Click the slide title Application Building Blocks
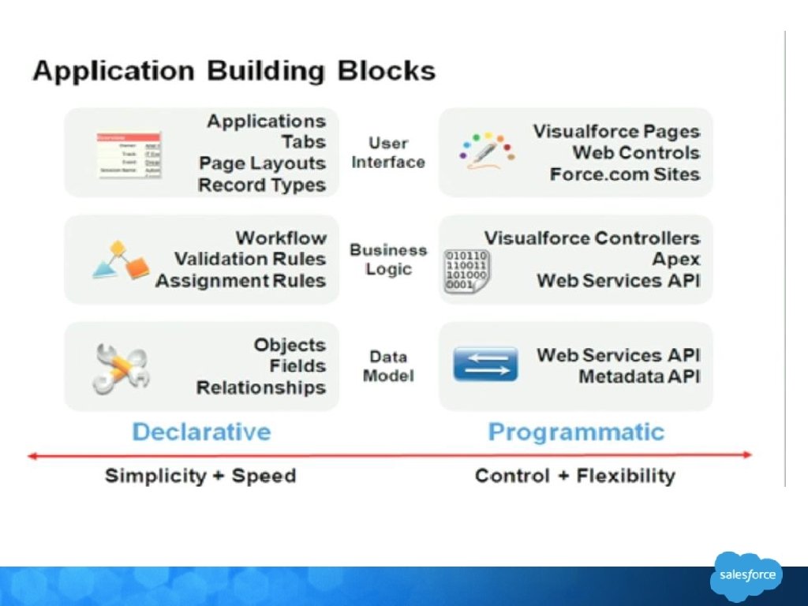click(234, 70)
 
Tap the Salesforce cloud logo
click(747, 574)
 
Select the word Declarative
click(201, 432)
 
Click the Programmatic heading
click(576, 432)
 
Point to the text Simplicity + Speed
click(200, 476)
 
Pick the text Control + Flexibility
click(575, 476)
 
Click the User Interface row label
click(388, 152)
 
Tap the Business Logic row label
click(388, 260)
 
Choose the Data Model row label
click(388, 366)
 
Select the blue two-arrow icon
click(485, 365)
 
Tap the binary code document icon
click(466, 272)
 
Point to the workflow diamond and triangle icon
click(121, 261)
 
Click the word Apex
click(676, 259)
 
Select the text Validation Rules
click(250, 259)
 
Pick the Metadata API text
click(639, 377)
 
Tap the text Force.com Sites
click(625, 174)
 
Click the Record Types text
click(262, 185)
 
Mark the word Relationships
click(261, 387)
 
